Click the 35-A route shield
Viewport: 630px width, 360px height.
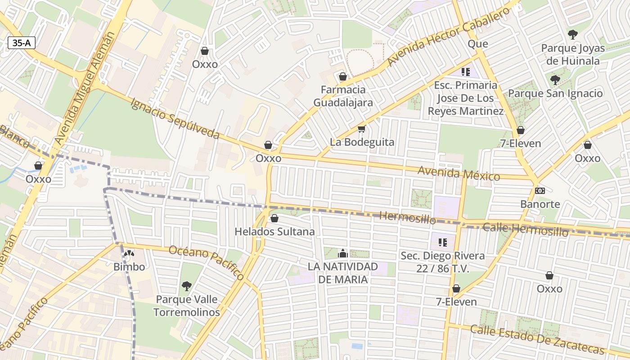[x=22, y=43]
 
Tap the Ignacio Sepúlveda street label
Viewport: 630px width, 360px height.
[x=175, y=118]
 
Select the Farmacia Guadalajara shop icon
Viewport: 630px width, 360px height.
[x=343, y=76]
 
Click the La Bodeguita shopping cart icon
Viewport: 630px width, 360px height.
[x=361, y=129]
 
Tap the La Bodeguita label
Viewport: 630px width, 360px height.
[x=362, y=142]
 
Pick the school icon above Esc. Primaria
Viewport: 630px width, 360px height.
[x=466, y=72]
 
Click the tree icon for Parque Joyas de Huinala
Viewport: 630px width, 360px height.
[x=572, y=34]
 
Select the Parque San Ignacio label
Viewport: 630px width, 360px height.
[x=555, y=94]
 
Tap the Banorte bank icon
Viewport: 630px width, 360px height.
[x=540, y=191]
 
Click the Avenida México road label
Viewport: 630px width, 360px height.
[x=459, y=173]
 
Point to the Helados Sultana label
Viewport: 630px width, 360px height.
[x=274, y=232]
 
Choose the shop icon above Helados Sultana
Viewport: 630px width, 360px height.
[x=274, y=219]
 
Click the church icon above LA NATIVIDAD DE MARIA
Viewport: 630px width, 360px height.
[x=343, y=253]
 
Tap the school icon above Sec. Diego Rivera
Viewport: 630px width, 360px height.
[x=443, y=243]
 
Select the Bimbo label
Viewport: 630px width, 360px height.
[x=129, y=267]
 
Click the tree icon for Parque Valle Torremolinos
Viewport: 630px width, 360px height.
[x=186, y=286]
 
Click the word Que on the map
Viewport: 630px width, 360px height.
[x=478, y=44]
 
